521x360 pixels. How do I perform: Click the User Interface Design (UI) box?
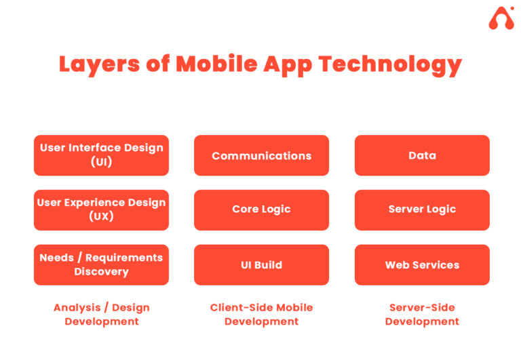point(101,155)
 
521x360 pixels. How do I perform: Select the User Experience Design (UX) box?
point(101,210)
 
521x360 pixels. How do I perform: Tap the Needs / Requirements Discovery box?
point(101,264)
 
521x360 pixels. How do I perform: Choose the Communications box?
point(261,155)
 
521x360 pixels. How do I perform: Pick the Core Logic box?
point(261,210)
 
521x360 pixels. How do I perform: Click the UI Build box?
point(261,264)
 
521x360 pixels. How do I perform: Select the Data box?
point(422,155)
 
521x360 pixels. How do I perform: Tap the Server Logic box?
point(422,210)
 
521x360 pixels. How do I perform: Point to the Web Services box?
point(422,264)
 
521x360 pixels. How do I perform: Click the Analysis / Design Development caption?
point(102,315)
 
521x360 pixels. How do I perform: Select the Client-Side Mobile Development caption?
point(261,315)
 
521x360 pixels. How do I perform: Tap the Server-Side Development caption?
point(422,315)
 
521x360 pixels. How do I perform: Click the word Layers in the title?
point(99,64)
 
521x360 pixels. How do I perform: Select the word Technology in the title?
point(391,65)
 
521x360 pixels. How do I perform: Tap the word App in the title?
point(288,65)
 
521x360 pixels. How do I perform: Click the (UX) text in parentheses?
point(101,216)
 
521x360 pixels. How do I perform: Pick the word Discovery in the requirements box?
point(101,272)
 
